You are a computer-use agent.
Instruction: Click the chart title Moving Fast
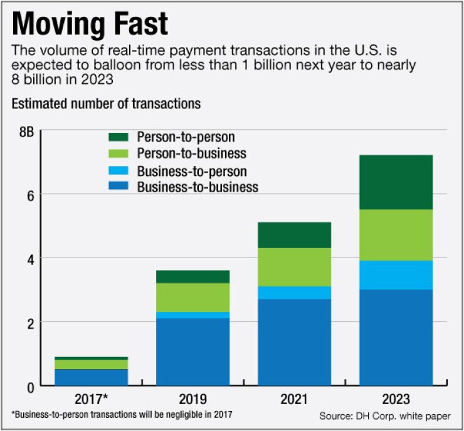pyautogui.click(x=90, y=24)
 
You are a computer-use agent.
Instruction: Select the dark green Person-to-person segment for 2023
pyautogui.click(x=396, y=182)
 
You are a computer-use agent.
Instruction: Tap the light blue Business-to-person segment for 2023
pyautogui.click(x=396, y=274)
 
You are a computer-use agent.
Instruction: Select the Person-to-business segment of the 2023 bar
pyautogui.click(x=396, y=234)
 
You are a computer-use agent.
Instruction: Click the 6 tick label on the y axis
pyautogui.click(x=29, y=194)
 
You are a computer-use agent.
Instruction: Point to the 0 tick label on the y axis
pyautogui.click(x=29, y=387)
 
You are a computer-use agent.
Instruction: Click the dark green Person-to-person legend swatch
pyautogui.click(x=119, y=137)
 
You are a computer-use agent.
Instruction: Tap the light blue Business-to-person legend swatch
pyautogui.click(x=119, y=170)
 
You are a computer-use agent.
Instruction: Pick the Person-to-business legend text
pyautogui.click(x=191, y=153)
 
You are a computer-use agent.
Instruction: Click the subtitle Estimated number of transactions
pyautogui.click(x=106, y=104)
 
